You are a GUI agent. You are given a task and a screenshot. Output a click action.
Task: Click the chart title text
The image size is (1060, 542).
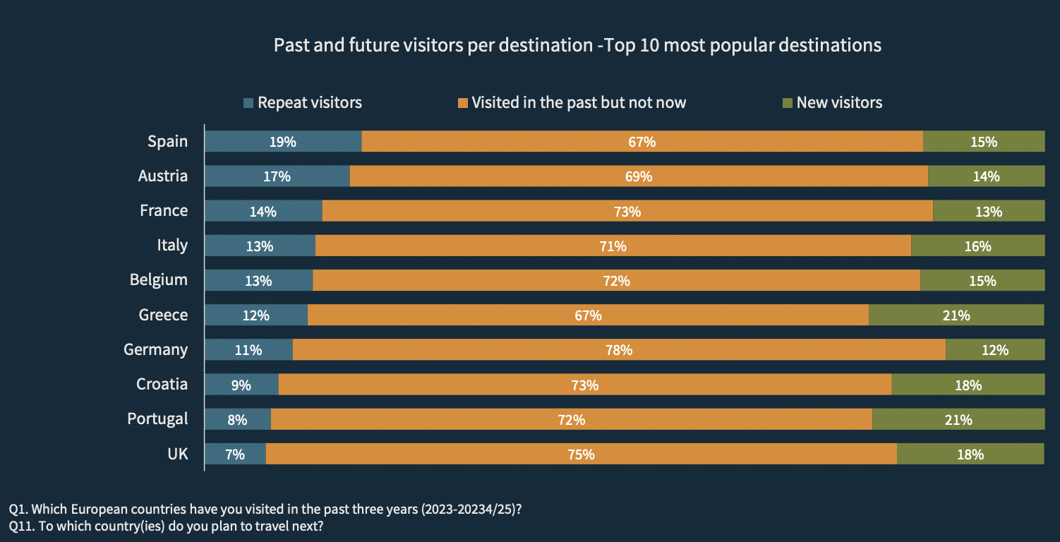(x=577, y=45)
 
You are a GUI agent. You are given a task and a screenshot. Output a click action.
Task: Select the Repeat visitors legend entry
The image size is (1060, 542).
(x=302, y=102)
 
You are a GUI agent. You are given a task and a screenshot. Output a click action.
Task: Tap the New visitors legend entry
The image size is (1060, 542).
(x=832, y=102)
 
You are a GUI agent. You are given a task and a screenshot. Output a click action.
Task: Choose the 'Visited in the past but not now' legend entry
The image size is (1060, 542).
(x=572, y=102)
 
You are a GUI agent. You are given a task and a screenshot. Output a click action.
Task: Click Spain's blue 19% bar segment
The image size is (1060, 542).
(x=283, y=141)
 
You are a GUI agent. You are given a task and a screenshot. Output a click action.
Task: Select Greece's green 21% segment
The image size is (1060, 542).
(x=956, y=315)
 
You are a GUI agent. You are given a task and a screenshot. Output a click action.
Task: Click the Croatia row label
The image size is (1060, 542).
(x=162, y=384)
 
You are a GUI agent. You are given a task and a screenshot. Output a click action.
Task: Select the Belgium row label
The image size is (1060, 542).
(x=159, y=279)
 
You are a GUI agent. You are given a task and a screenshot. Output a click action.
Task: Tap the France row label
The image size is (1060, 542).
(x=164, y=210)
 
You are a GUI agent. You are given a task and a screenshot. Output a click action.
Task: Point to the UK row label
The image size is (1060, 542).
(x=178, y=453)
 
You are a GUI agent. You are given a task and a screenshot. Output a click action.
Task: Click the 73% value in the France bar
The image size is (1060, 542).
(x=627, y=211)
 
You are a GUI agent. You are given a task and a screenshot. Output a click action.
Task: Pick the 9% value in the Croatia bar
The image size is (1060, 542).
(x=241, y=385)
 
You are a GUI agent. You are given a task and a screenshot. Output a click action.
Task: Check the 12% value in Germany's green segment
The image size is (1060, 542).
(x=994, y=350)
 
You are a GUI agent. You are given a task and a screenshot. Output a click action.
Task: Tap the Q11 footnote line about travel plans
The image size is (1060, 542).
(x=167, y=526)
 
